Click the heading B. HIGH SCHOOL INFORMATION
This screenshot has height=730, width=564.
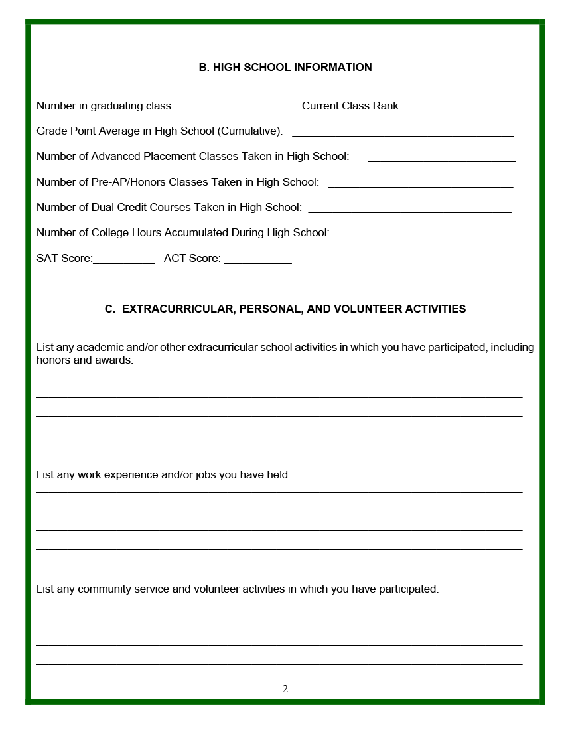coord(285,67)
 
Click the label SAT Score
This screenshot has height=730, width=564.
coord(64,258)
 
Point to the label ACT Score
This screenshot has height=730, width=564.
coord(192,258)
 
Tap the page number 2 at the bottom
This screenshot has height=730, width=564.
coord(285,688)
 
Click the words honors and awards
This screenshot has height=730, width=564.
coord(84,360)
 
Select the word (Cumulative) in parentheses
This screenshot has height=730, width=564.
coord(250,131)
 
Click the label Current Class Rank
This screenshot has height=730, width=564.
coord(351,106)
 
